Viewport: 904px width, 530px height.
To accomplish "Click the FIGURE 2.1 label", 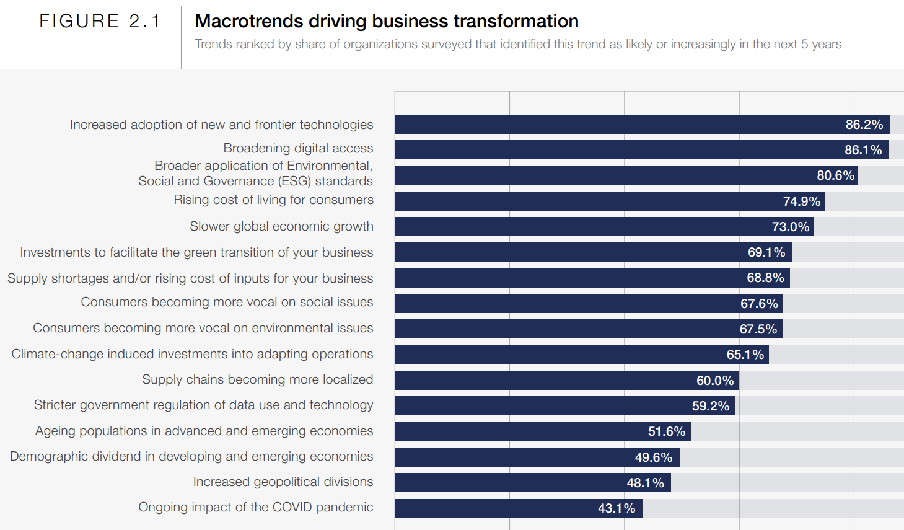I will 100,21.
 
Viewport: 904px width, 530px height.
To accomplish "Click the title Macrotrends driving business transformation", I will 386,21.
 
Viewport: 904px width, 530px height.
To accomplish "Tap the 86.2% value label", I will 864,125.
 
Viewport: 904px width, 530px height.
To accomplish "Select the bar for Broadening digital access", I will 620,150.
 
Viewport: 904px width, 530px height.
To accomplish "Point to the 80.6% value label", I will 835,175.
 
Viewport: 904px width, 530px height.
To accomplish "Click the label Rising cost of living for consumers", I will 273,200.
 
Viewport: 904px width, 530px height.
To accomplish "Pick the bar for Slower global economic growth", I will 582,227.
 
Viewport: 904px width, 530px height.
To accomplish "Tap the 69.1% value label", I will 766,252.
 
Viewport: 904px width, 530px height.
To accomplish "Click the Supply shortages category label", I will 190,278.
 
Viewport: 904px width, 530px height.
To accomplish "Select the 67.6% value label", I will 758,304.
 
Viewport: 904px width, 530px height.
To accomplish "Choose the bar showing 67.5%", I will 558,329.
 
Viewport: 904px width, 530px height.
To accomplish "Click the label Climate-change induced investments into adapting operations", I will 192,354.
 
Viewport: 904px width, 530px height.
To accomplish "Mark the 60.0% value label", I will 714,381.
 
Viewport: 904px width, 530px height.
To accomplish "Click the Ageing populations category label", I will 204,431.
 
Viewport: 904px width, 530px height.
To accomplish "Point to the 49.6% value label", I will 653,457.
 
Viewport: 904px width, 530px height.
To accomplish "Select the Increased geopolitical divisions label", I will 283,482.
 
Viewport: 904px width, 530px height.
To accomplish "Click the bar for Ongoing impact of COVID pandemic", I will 496,508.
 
